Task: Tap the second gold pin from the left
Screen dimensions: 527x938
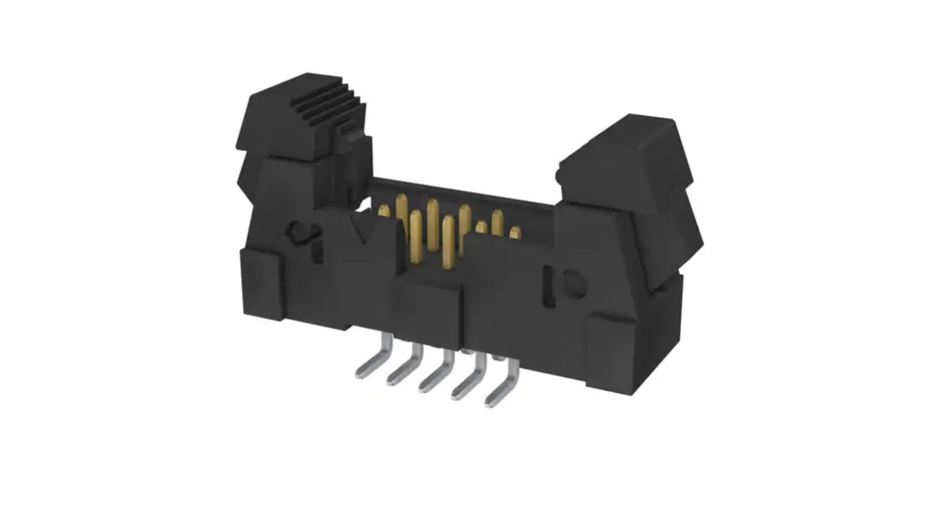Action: pyautogui.click(x=401, y=207)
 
